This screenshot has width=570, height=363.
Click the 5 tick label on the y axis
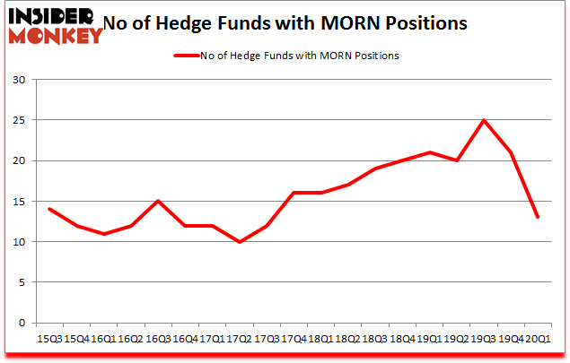22,282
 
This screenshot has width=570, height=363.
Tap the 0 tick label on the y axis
22,323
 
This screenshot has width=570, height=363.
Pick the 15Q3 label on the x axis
49,340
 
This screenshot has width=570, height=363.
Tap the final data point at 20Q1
537,218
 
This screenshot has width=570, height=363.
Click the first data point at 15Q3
49,209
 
